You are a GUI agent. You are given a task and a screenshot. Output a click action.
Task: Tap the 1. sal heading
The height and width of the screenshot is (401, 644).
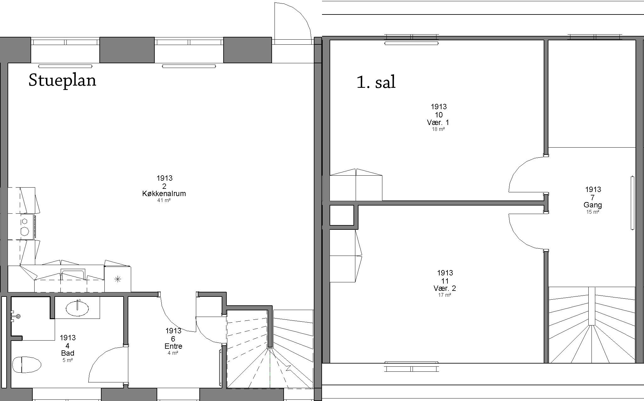point(376,82)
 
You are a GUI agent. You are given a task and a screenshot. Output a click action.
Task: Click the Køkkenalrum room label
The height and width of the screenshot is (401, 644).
point(164,194)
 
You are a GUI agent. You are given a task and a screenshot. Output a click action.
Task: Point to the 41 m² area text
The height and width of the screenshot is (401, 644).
point(164,200)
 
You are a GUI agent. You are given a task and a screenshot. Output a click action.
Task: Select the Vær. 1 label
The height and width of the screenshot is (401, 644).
point(438,122)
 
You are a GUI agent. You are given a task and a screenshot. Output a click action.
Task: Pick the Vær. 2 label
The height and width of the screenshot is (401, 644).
point(445,288)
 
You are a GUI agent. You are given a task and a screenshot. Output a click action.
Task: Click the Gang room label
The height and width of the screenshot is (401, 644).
point(593,205)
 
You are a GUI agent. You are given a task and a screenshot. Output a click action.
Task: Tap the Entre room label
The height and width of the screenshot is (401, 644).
point(173,346)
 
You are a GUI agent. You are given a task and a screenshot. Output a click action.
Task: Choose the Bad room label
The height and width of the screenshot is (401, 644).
point(68,353)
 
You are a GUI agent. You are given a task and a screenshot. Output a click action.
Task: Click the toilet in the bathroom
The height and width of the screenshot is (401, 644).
point(27,365)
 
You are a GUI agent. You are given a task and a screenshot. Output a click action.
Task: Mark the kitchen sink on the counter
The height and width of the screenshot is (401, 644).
point(73,275)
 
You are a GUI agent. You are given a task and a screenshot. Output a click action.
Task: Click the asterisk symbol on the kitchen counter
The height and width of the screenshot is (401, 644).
point(118,279)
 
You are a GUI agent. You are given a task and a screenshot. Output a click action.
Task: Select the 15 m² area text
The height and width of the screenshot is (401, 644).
point(593,212)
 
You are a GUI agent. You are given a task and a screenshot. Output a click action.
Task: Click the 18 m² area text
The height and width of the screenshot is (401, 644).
point(438,129)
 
